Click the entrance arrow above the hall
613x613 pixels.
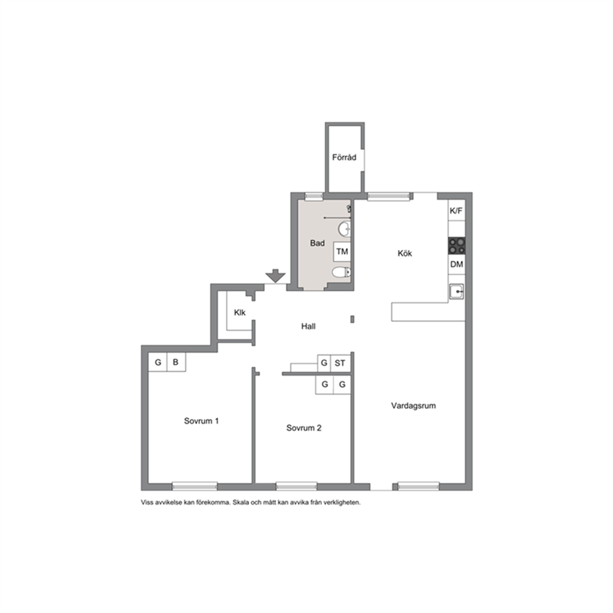click(x=276, y=276)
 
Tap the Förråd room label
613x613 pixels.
click(x=344, y=158)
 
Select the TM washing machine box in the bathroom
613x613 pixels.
click(x=342, y=252)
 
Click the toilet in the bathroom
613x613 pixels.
click(x=341, y=272)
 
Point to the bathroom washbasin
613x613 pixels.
click(x=344, y=229)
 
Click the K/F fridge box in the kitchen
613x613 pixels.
click(x=456, y=211)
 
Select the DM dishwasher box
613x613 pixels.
click(x=457, y=264)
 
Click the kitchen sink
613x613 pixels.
click(x=456, y=292)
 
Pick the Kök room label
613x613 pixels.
click(x=405, y=253)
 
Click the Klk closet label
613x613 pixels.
click(x=240, y=312)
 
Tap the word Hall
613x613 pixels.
click(x=308, y=326)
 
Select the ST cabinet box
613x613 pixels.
click(x=340, y=363)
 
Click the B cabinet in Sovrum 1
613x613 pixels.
click(x=176, y=362)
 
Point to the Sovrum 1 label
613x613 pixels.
click(x=201, y=421)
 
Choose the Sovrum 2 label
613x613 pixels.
click(x=304, y=428)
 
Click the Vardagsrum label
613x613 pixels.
click(x=413, y=406)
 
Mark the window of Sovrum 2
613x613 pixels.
click(x=297, y=486)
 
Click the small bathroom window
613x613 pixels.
click(x=313, y=197)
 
